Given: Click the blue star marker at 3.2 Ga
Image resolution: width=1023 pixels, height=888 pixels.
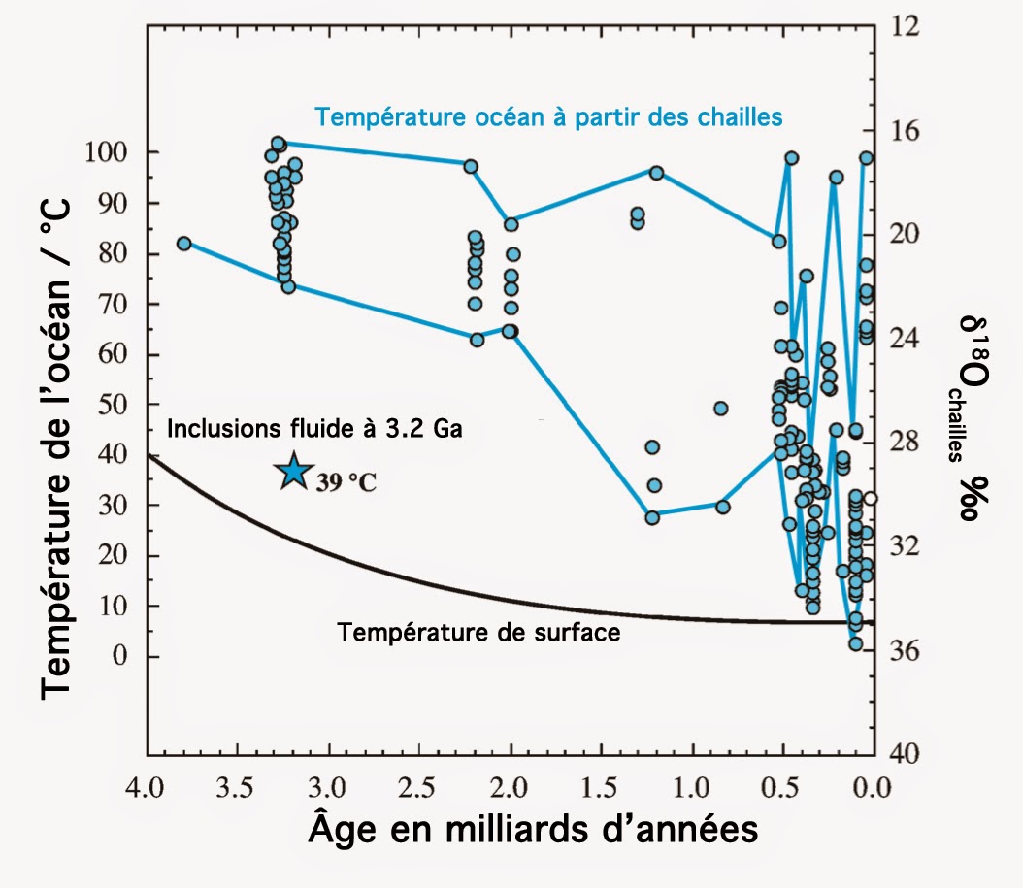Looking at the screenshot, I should click(291, 472).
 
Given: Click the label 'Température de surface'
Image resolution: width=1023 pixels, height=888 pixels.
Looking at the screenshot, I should click(478, 633).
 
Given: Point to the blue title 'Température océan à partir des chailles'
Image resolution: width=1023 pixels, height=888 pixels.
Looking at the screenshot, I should click(548, 117).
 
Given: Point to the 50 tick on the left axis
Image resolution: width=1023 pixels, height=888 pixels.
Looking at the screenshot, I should click(114, 405).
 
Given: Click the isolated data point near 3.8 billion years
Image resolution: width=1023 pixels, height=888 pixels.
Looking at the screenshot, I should click(184, 244).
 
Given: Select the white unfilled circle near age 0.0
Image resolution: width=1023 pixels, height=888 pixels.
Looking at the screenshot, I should click(871, 499).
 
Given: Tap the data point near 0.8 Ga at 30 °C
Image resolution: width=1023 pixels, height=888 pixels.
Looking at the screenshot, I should click(722, 507).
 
